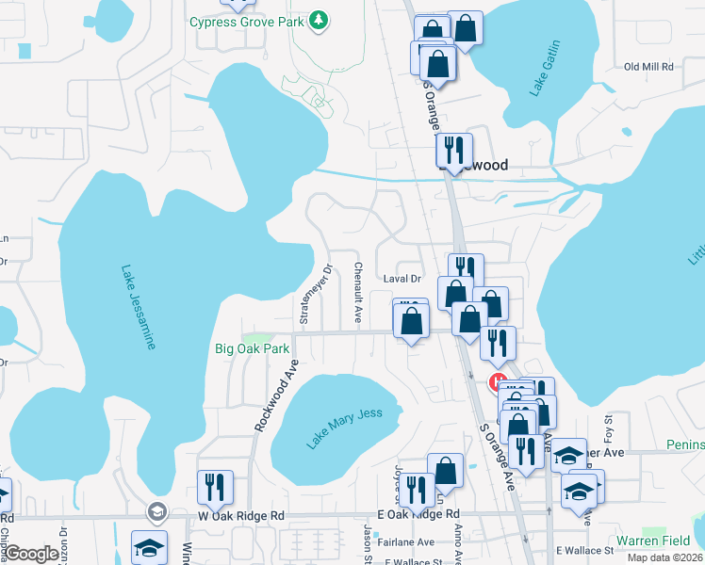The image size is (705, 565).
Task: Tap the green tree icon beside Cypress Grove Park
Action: point(320,20)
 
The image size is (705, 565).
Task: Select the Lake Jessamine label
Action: point(138,307)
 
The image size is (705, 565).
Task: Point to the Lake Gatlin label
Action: point(546,68)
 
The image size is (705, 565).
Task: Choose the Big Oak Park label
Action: point(252,348)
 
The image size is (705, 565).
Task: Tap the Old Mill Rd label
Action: point(648,67)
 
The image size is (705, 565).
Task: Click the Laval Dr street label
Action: point(402,279)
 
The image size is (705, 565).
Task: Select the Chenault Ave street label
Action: point(358,293)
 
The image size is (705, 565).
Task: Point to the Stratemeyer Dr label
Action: point(316,293)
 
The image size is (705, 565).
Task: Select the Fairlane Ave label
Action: point(406,541)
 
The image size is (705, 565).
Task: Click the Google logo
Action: point(33,555)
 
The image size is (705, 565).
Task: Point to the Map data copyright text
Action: point(665,557)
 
